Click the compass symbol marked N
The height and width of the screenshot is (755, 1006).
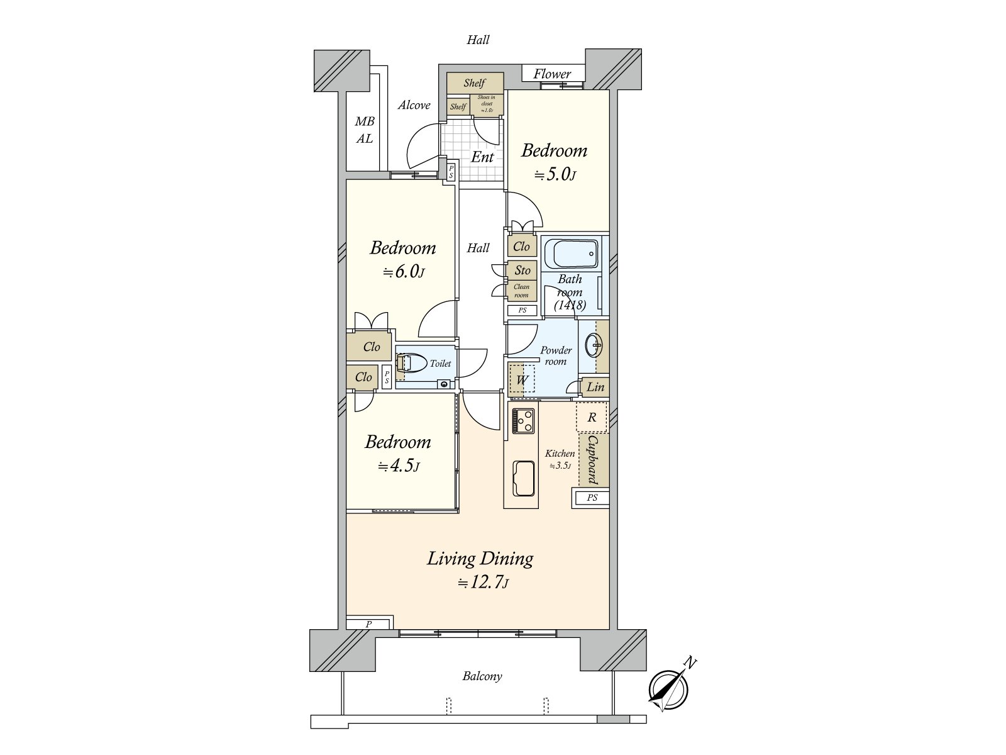tap(668, 689)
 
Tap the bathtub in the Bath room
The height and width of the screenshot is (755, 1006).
tap(571, 254)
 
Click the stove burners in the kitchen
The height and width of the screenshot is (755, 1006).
tap(523, 420)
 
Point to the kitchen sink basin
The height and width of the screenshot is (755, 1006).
tap(523, 478)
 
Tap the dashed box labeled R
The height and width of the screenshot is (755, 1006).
tap(592, 417)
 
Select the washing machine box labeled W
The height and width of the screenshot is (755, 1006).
tap(522, 380)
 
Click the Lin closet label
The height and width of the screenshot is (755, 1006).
tap(595, 387)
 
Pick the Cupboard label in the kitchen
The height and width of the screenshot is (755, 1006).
tap(593, 459)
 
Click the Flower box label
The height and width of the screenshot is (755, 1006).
tap(552, 74)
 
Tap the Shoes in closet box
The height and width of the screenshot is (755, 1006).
tap(487, 104)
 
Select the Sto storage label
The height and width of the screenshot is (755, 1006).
tap(522, 270)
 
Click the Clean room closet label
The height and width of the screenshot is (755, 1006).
tap(522, 291)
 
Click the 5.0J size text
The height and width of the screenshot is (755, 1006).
tap(555, 174)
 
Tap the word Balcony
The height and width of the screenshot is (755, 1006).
tap(482, 676)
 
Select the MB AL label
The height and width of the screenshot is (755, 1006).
tap(364, 130)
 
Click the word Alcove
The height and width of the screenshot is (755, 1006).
tap(414, 105)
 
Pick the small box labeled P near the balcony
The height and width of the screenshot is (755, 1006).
tap(369, 624)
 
